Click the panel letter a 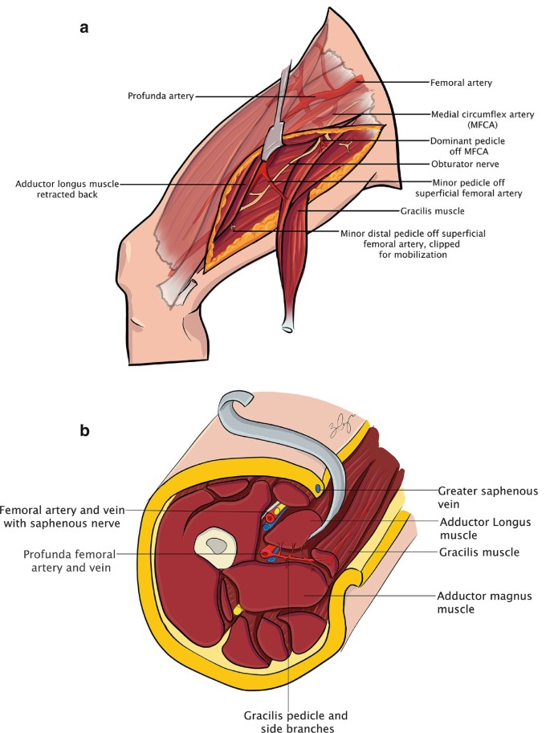click(x=84, y=27)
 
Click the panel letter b click(x=84, y=430)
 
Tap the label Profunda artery click(x=160, y=96)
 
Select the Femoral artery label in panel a click(x=459, y=82)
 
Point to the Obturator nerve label click(x=458, y=164)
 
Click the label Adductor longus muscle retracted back click(x=66, y=189)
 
